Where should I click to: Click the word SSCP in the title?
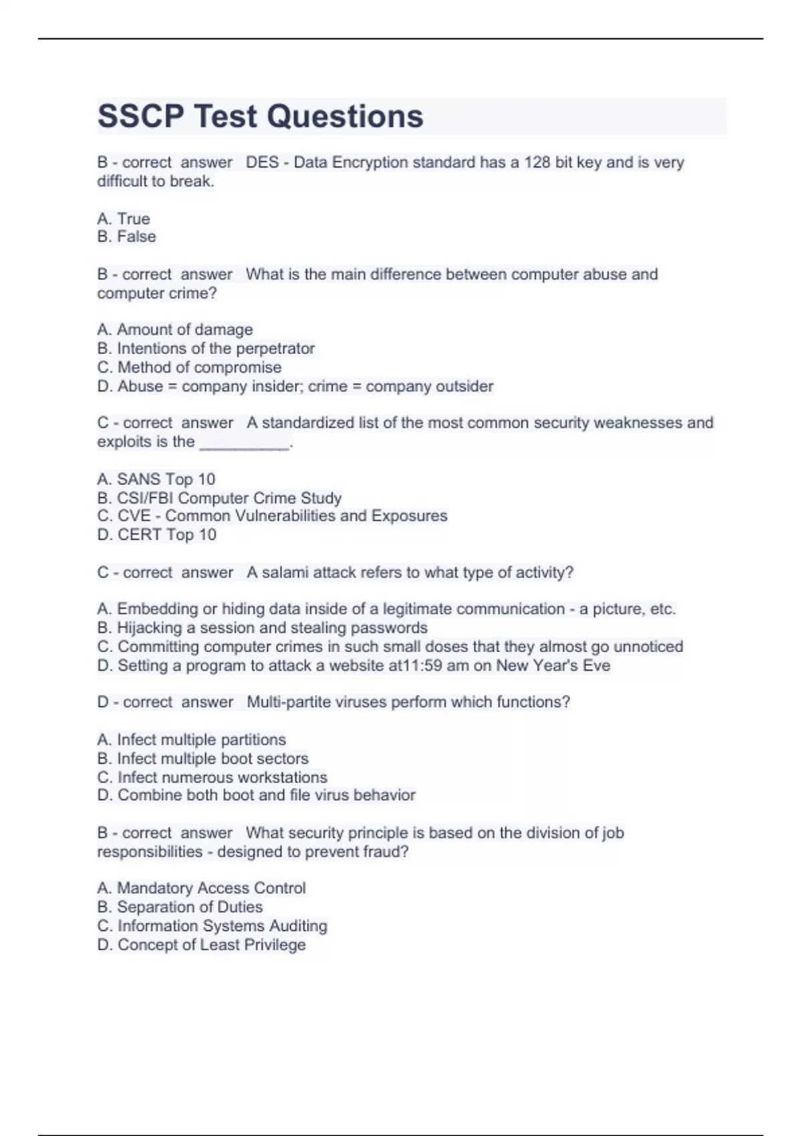pos(140,116)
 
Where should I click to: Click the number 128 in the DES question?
pos(537,162)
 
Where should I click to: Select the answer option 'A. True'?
pos(124,219)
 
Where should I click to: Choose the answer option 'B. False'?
pos(126,237)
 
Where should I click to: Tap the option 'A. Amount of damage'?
pos(175,329)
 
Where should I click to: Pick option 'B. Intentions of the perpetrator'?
pos(206,348)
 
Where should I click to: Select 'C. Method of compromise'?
pos(189,367)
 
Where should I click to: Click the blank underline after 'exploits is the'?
pos(245,443)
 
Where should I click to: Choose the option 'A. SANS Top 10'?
pos(156,479)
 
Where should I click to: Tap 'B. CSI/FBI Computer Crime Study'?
pos(219,498)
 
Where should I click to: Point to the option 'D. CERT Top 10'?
pos(156,535)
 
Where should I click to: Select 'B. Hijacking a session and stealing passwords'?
pos(262,628)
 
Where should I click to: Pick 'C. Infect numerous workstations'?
pos(212,777)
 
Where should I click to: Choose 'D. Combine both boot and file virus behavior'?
pos(256,795)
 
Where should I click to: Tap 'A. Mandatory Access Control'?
pos(201,888)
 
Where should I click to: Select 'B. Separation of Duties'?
pos(180,907)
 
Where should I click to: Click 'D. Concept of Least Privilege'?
pos(201,945)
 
